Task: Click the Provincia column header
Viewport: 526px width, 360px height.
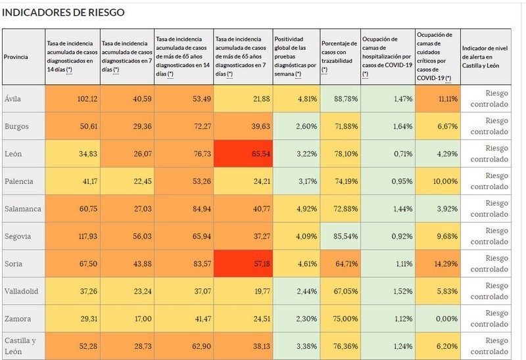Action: tap(17, 57)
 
